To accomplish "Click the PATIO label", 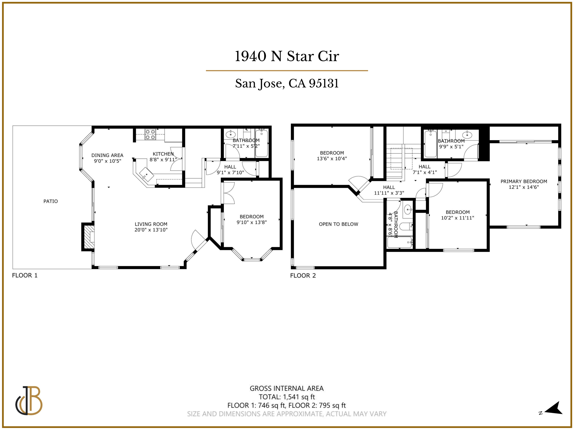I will pyautogui.click(x=50, y=201).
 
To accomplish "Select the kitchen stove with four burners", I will pyautogui.click(x=150, y=134).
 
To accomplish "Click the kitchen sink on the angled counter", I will pyautogui.click(x=146, y=174).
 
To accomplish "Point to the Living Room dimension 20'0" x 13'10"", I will pyautogui.click(x=151, y=230).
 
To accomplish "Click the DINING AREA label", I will pyautogui.click(x=107, y=155).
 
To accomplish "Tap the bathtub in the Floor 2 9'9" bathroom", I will pyautogui.click(x=430, y=144).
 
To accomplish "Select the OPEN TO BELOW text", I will pyautogui.click(x=338, y=224).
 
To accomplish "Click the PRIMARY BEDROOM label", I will pyautogui.click(x=524, y=181).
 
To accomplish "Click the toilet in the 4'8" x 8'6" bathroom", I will pyautogui.click(x=406, y=226).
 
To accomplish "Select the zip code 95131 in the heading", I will pyautogui.click(x=324, y=83).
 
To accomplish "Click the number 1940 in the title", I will pyautogui.click(x=250, y=56).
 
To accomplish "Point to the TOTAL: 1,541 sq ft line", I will pyautogui.click(x=287, y=397).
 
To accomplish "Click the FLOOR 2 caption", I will pyautogui.click(x=303, y=275).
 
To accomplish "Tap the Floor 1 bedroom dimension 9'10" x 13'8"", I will pyautogui.click(x=252, y=222).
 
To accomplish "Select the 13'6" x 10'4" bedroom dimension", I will pyautogui.click(x=332, y=158).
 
